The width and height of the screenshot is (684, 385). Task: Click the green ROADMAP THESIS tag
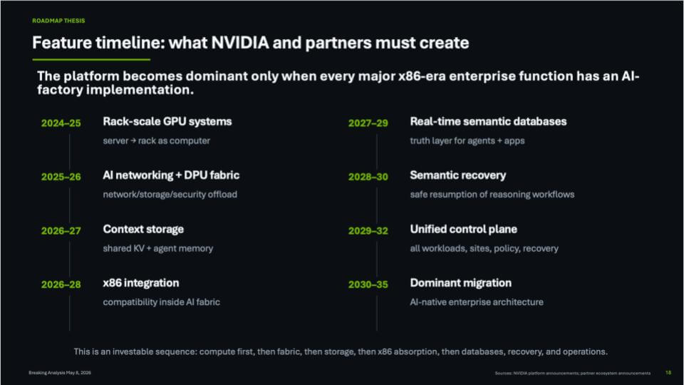pos(58,21)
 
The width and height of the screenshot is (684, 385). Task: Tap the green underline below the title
pos(91,59)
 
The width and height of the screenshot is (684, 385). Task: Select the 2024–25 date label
pos(61,123)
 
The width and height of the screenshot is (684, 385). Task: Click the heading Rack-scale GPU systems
pos(167,122)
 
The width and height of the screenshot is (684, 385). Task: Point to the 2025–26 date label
pos(61,177)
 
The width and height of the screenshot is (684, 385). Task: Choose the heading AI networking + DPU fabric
pos(171,175)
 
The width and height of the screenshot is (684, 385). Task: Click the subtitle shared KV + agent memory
pos(158,248)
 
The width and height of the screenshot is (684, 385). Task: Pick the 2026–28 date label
pos(61,284)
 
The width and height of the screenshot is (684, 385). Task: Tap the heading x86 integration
pos(141,283)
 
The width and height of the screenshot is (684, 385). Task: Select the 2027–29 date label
pos(368,123)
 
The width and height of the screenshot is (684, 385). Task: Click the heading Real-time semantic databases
pos(488,121)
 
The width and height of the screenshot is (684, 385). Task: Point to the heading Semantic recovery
pos(458,175)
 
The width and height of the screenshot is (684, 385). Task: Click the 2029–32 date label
pos(368,231)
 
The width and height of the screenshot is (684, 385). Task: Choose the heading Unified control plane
pos(463,229)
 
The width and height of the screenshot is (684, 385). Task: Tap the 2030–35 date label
pos(368,284)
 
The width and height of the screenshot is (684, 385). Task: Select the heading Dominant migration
pos(461,283)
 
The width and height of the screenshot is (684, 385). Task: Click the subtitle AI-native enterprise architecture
pos(477,302)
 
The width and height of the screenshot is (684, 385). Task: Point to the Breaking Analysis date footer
pos(60,373)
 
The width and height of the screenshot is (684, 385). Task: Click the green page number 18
pos(668,372)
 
